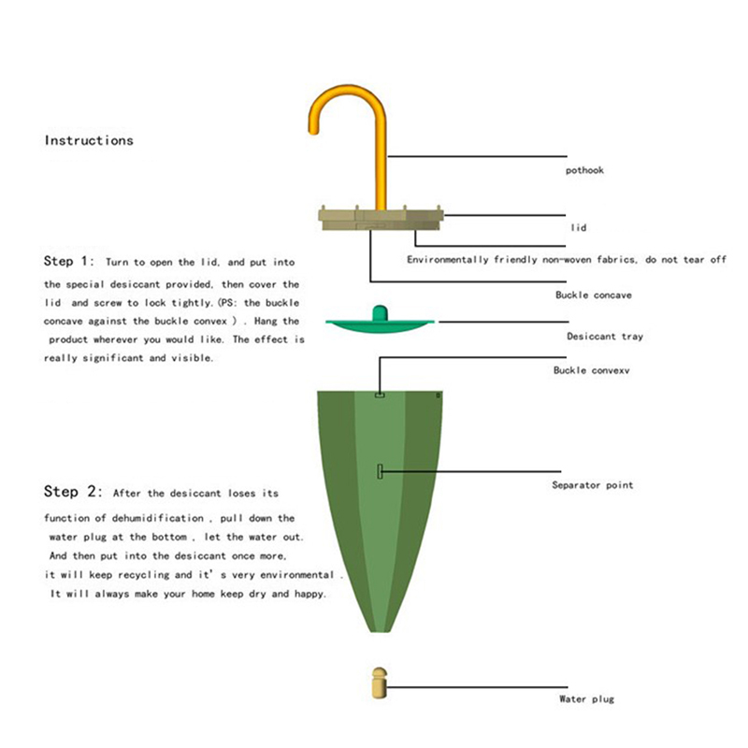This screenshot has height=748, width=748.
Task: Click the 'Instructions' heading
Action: click(x=89, y=140)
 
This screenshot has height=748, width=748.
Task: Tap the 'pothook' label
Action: click(x=584, y=170)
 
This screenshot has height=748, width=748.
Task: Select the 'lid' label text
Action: click(x=579, y=227)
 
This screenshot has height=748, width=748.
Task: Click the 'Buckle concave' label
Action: click(x=594, y=295)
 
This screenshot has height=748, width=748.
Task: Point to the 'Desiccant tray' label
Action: click(x=605, y=337)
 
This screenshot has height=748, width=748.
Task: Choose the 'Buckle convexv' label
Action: click(x=592, y=370)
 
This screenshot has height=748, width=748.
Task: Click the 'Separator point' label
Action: click(x=593, y=485)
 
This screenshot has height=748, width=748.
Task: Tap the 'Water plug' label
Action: click(x=587, y=698)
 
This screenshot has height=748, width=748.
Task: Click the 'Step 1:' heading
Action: click(x=69, y=261)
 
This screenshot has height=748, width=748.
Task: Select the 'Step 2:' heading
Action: click(x=73, y=492)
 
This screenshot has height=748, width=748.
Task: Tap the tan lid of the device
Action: click(x=381, y=219)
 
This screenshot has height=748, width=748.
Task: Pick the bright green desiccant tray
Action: click(x=380, y=321)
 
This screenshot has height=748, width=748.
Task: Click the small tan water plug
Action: click(x=380, y=683)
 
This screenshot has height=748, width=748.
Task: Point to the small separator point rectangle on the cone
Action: click(x=380, y=471)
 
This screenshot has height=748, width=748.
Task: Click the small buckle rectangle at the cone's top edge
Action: click(x=380, y=395)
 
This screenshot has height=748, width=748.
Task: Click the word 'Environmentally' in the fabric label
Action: click(x=448, y=260)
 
